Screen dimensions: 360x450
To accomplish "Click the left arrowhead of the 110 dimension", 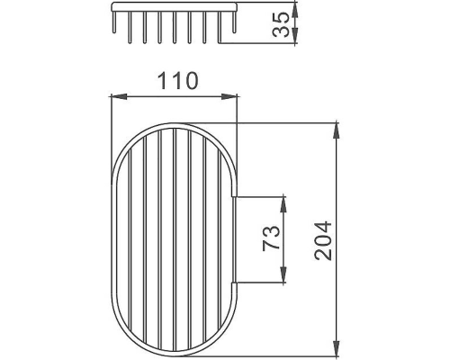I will (x=115, y=94).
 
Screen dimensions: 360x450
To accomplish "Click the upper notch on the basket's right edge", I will (x=236, y=193).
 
